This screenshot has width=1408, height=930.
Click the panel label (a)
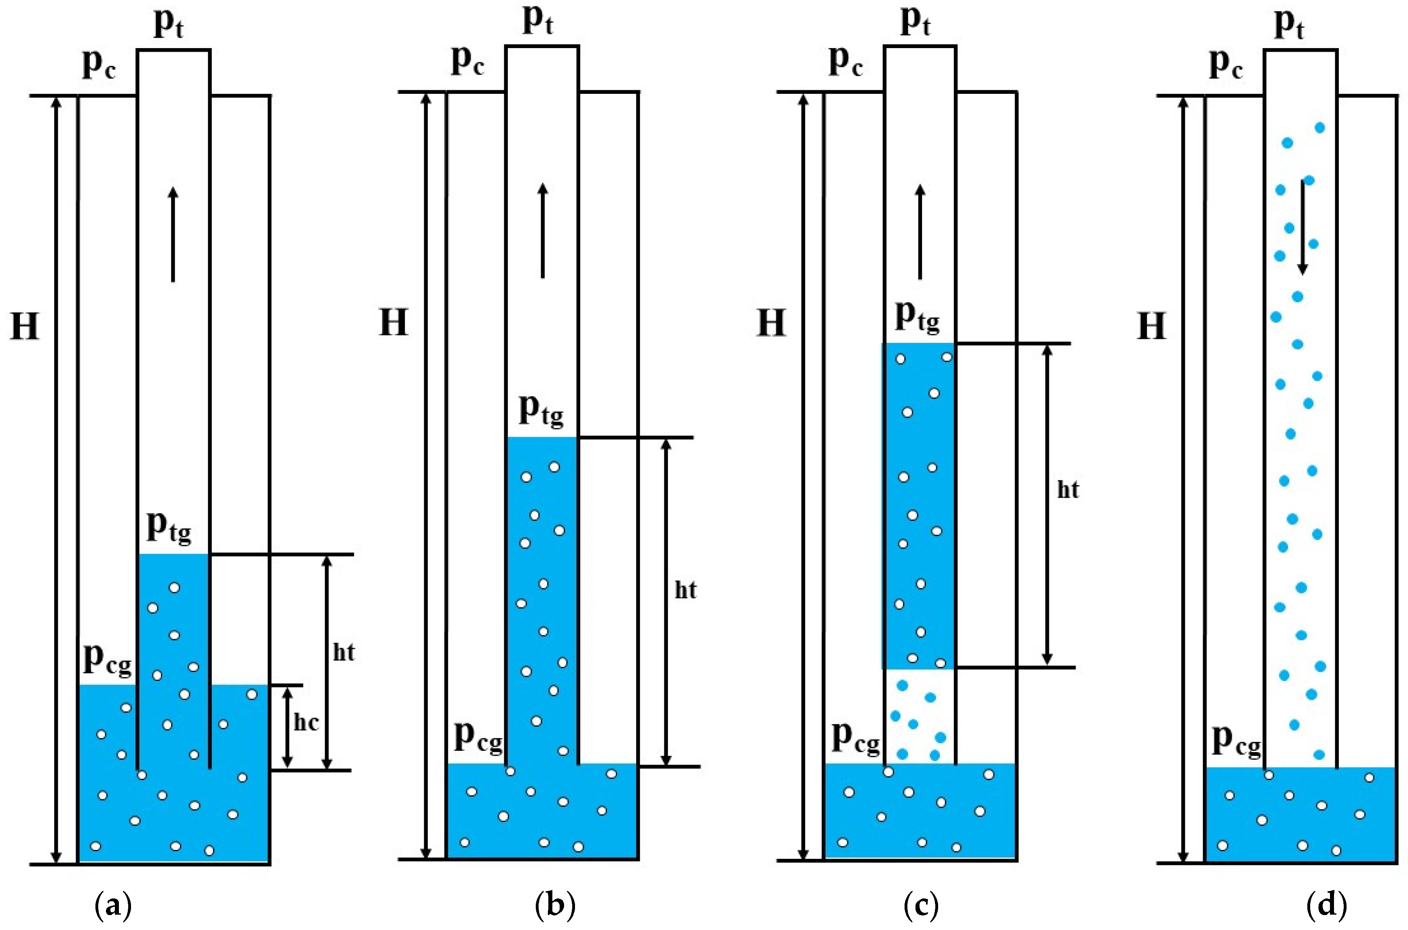coord(113,906)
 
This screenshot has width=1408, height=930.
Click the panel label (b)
coord(555,906)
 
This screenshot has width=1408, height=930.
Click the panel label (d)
coord(1326,906)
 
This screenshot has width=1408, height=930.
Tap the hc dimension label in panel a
coord(306,723)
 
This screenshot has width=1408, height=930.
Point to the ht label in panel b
coord(686,590)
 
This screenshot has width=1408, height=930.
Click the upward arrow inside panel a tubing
coord(173,234)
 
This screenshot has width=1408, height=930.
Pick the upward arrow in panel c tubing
coord(920,231)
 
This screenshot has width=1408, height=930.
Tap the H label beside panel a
coord(25,326)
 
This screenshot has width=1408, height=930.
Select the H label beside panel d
coord(1151,326)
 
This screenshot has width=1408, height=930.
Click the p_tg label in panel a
coord(169,527)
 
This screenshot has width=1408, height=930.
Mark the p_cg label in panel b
coord(478,737)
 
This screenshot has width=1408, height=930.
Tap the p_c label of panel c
coord(845,61)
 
